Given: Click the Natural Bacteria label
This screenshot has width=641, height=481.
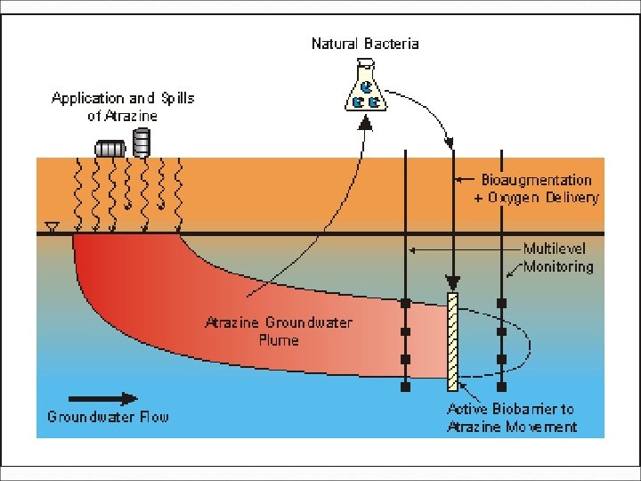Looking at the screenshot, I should click(x=364, y=43).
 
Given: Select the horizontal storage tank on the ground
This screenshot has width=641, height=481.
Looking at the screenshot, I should click(x=110, y=148).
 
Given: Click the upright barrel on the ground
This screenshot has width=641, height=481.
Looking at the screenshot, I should click(x=141, y=142).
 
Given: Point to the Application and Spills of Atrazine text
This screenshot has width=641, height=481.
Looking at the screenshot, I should click(x=123, y=105).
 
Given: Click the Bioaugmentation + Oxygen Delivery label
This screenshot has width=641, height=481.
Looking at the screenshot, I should click(x=536, y=189).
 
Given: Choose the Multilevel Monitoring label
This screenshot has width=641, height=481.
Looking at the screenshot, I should click(x=557, y=257).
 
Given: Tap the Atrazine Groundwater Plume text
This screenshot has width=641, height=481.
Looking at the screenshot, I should click(x=278, y=330).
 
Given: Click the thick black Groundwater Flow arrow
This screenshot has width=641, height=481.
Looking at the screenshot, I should click(x=102, y=399).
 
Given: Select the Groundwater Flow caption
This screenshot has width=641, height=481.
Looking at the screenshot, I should click(x=108, y=417).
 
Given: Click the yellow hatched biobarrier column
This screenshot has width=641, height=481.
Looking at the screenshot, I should click(x=452, y=342).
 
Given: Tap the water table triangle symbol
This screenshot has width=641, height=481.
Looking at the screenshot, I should click(x=52, y=228).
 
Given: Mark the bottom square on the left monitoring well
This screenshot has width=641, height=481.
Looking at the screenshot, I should click(x=405, y=387).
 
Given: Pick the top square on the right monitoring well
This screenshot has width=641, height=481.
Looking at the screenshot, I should click(x=502, y=304).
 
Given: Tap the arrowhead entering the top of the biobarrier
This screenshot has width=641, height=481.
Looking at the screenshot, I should click(x=452, y=285).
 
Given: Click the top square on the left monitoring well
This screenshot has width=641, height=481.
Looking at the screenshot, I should click(x=405, y=304).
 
